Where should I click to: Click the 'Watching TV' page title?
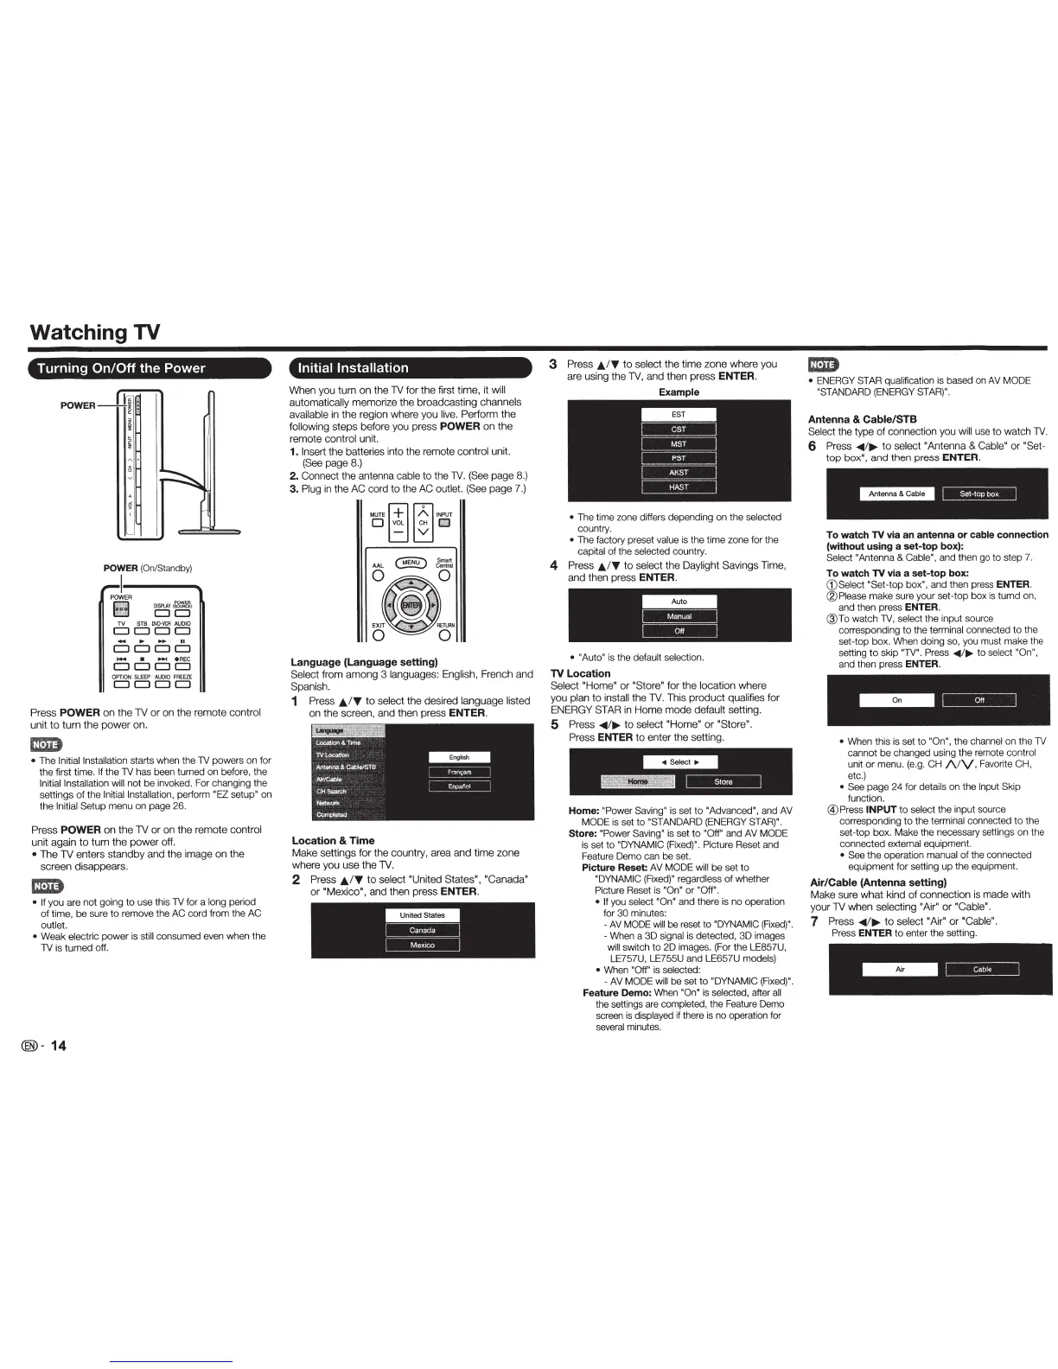pos(94,332)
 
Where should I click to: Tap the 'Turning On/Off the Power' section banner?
pos(121,368)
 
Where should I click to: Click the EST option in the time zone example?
pos(679,415)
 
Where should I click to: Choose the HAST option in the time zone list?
pos(679,487)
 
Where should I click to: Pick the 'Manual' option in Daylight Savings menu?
pos(679,616)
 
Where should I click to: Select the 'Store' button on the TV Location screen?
pos(723,782)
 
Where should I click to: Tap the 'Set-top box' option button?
pos(978,494)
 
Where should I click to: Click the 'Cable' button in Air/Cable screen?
pos(982,970)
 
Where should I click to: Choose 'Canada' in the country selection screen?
pos(422,931)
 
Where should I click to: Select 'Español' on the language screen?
pos(459,786)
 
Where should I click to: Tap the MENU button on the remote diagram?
pos(411,563)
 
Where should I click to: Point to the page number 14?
pos(58,1046)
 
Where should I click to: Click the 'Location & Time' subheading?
pos(333,840)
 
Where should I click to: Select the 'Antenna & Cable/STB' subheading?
pos(862,419)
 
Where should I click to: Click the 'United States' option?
pos(422,915)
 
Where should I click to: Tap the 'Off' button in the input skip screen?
pos(978,700)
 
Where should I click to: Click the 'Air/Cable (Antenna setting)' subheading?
pos(878,882)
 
